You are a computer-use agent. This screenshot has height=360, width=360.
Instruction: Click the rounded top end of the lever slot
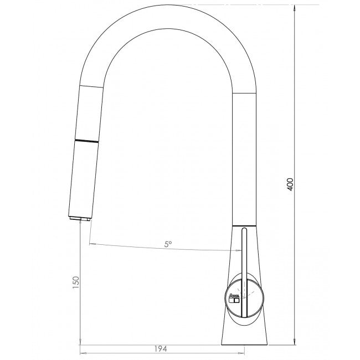pos(243,230)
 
